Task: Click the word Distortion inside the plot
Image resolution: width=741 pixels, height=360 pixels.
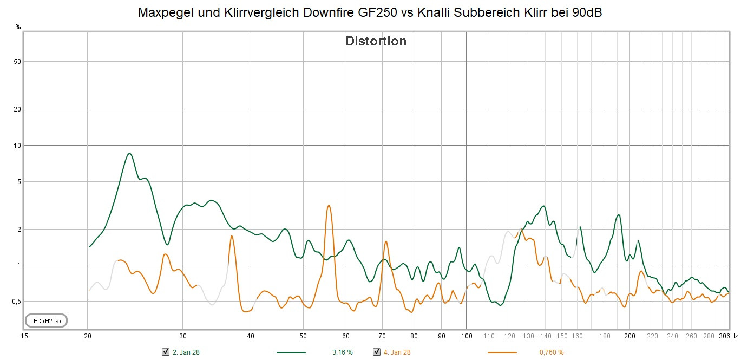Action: [376, 41]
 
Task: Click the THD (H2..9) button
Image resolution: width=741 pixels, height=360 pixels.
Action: [46, 321]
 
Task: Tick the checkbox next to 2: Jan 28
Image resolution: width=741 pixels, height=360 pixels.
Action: [166, 352]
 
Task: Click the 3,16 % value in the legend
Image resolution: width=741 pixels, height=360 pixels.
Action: [342, 352]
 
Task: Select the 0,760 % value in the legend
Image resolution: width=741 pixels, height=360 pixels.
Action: [551, 352]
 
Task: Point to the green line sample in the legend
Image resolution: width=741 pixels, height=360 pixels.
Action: [291, 352]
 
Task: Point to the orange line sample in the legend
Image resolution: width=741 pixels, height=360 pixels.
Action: [501, 352]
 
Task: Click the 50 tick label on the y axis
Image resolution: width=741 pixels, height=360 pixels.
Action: [17, 62]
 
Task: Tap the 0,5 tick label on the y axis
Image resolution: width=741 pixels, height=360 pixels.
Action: [17, 302]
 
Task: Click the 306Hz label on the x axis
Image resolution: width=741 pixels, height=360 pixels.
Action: [728, 336]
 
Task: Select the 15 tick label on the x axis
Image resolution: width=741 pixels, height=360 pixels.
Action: [24, 336]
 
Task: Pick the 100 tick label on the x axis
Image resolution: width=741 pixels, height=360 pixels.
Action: [467, 336]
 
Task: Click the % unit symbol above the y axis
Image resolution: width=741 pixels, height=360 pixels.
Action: [18, 27]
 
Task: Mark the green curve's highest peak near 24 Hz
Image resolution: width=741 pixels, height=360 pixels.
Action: [129, 154]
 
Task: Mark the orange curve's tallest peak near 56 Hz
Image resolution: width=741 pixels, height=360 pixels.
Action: [329, 206]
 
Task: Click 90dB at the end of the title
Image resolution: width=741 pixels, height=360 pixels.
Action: [587, 12]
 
